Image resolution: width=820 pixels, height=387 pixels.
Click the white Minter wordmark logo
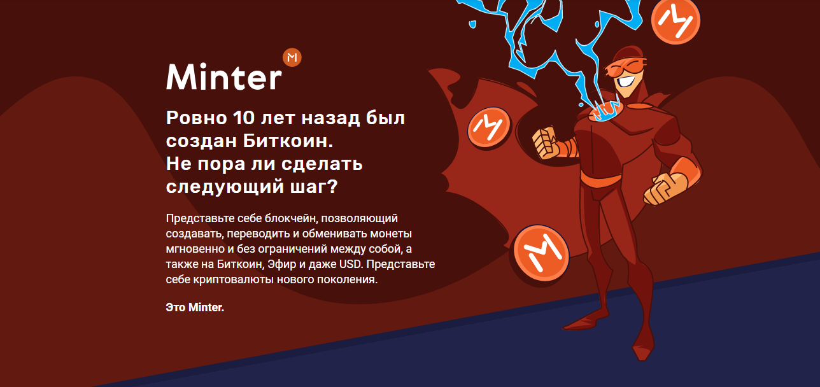click(224, 77)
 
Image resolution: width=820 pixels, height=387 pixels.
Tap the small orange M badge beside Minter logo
click(292, 57)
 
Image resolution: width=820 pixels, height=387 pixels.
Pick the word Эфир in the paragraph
click(281, 264)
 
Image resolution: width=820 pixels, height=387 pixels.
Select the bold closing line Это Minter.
click(195, 307)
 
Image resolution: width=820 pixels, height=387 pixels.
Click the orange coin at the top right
click(675, 21)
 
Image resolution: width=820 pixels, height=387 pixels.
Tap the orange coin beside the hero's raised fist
click(490, 127)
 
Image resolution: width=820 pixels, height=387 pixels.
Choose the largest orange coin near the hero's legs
click(541, 253)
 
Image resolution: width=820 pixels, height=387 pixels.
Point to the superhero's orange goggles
click(625, 67)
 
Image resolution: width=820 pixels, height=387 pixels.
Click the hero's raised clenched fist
click(546, 143)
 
